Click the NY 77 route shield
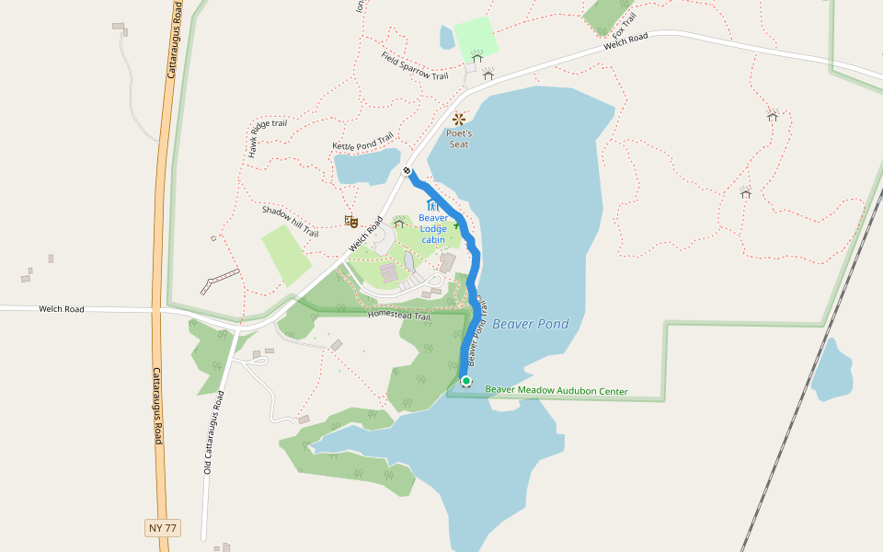coord(162,528)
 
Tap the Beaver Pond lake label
coord(530,324)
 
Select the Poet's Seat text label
coord(458,139)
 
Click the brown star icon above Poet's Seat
coord(459,120)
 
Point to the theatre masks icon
coord(350,221)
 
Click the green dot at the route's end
coord(466,382)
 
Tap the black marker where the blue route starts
coord(407,170)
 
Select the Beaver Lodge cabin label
coord(433,229)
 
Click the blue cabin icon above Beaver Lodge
coord(431,204)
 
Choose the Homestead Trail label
coord(398,316)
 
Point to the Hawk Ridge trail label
coord(267,138)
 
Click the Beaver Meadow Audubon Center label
coord(556,391)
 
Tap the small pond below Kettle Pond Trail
coord(366,167)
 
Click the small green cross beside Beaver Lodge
coord(455,224)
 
